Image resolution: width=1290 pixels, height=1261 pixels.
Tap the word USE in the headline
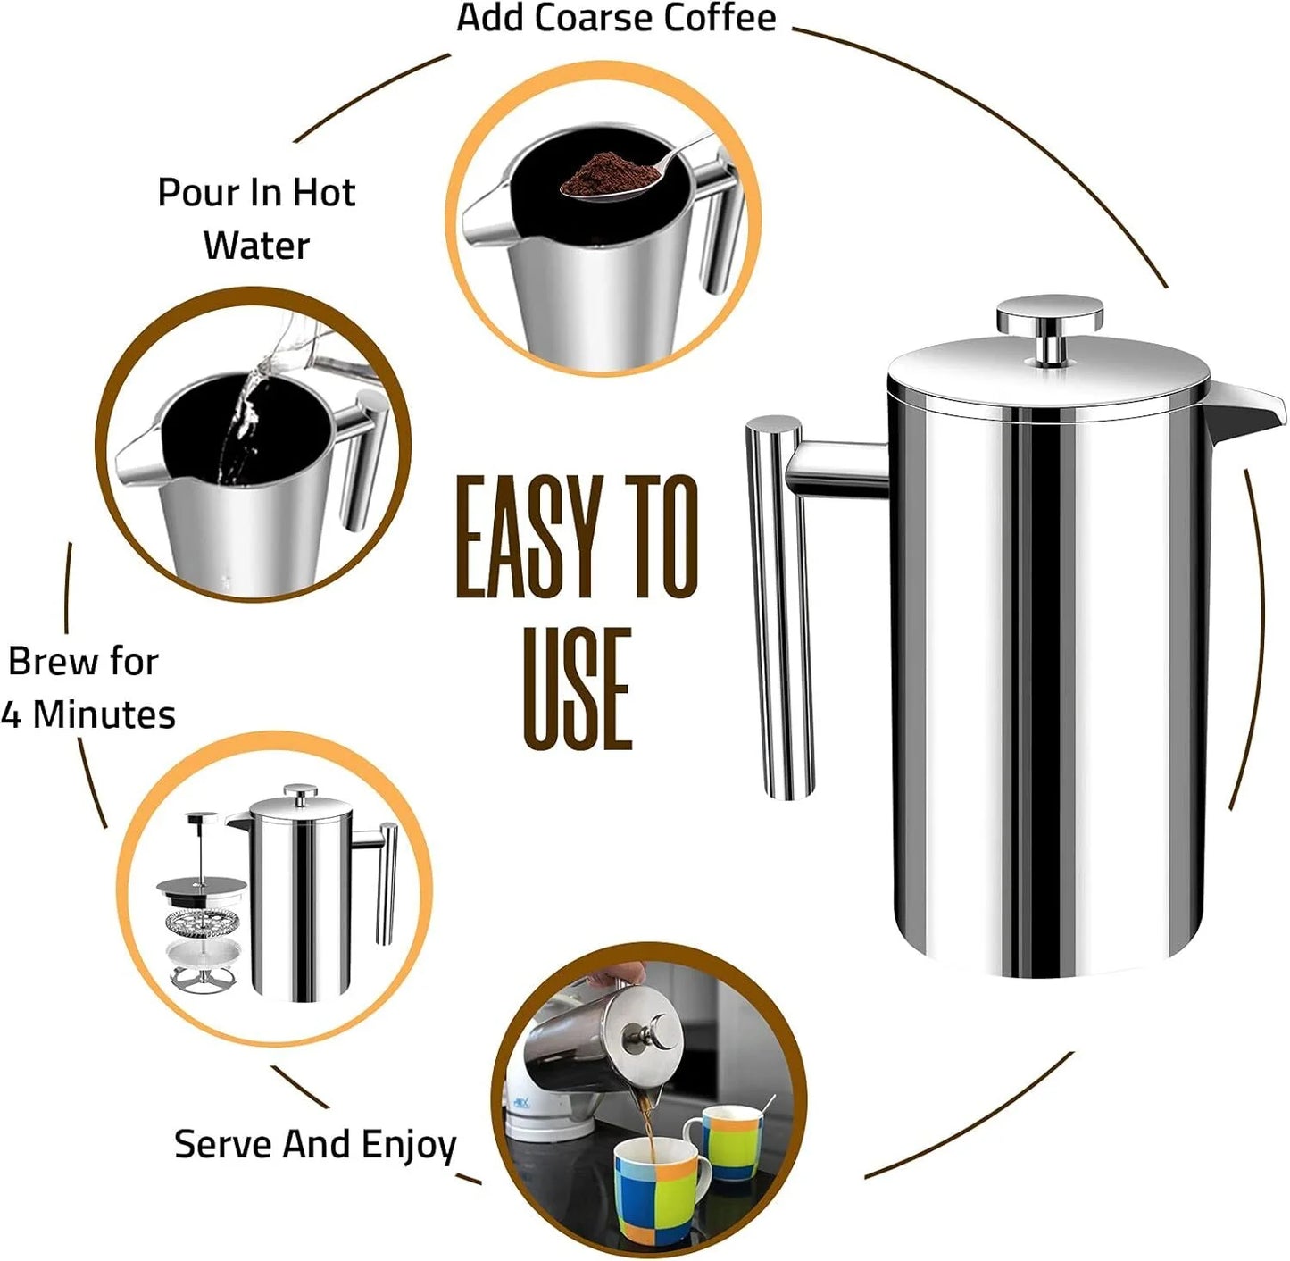pos(577,689)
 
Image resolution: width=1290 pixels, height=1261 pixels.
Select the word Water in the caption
pos(256,246)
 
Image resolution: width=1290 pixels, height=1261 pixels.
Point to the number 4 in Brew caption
pos(11,715)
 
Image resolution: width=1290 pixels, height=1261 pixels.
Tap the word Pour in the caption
pos(194,193)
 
